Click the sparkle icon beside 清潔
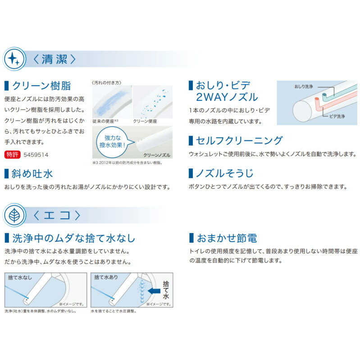click(14, 59)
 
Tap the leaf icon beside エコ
click(14, 215)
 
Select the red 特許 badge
click(13, 155)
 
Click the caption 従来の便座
click(104, 121)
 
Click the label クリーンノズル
click(155, 155)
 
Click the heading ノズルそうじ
click(224, 173)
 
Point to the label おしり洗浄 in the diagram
click(303, 86)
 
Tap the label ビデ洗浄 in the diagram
click(334, 116)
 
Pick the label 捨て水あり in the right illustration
click(106, 278)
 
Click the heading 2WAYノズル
click(227, 97)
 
